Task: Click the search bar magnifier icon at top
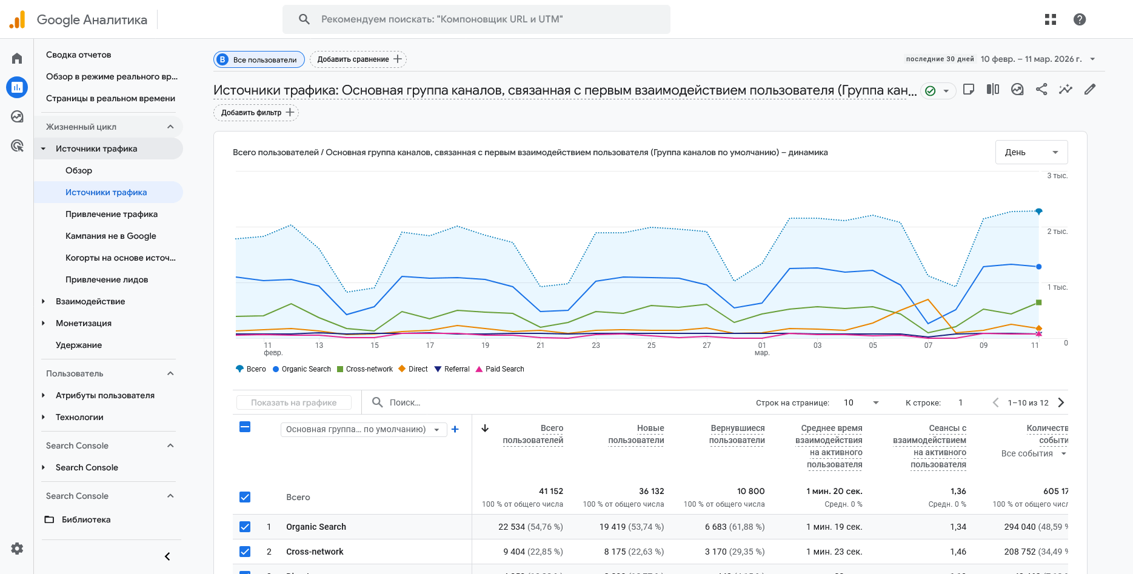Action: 304,19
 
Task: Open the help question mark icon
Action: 1079,19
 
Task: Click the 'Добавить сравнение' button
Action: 358,59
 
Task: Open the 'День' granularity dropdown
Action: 1031,152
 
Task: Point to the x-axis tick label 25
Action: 651,345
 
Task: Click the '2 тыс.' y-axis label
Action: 1057,232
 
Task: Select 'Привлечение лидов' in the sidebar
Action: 107,279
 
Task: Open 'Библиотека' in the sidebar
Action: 86,519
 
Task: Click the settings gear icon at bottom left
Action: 17,549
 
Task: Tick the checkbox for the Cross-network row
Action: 245,552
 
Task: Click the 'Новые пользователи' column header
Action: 636,434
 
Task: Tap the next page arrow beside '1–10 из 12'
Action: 1061,402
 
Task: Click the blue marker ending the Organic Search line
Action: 1038,267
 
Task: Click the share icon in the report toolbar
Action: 1041,90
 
